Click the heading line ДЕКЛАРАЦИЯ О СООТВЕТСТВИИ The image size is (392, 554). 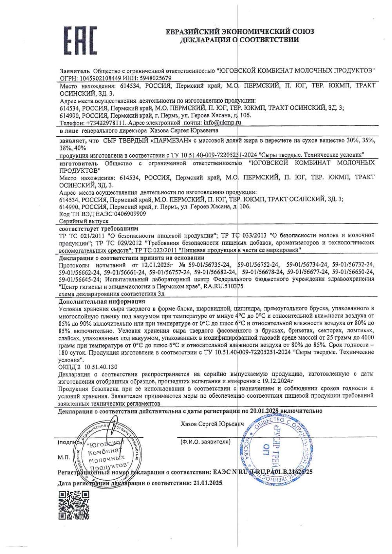(x=240, y=40)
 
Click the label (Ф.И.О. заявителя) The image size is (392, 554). (x=204, y=442)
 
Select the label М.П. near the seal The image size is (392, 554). (x=64, y=457)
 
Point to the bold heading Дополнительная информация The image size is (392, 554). (x=102, y=301)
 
